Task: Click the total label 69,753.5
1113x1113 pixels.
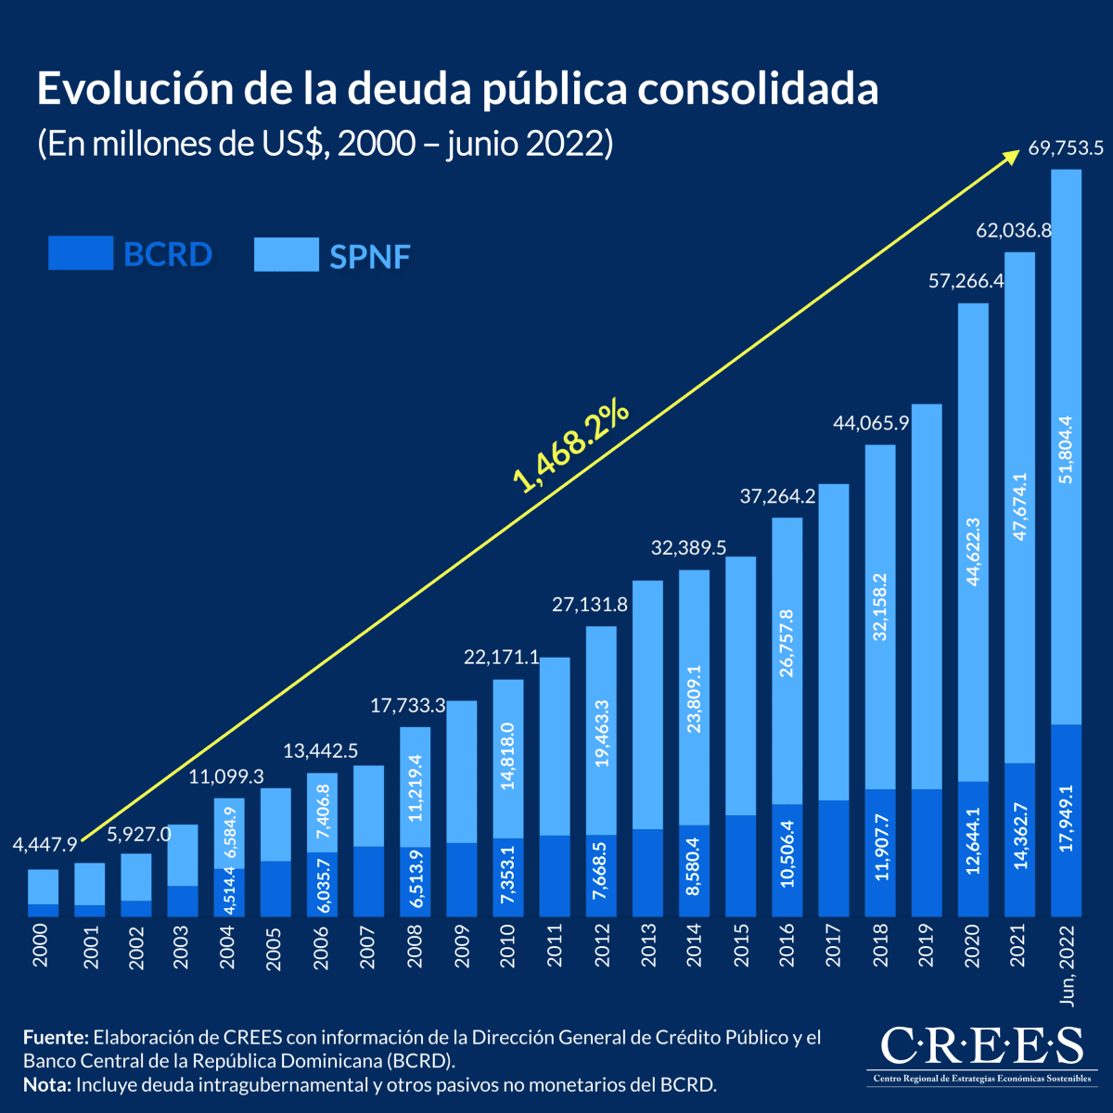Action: [1065, 147]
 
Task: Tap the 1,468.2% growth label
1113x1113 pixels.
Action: [571, 447]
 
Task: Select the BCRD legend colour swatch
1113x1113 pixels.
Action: [81, 253]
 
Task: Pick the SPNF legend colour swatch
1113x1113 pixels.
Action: [287, 254]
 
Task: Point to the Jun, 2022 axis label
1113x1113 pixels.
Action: [1067, 966]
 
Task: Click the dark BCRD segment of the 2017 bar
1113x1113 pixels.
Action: [834, 858]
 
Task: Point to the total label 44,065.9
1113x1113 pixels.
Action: [870, 424]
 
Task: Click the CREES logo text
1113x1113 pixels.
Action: [980, 1045]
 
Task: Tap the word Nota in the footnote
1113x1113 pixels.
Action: [47, 1084]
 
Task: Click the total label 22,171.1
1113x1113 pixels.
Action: [501, 658]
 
